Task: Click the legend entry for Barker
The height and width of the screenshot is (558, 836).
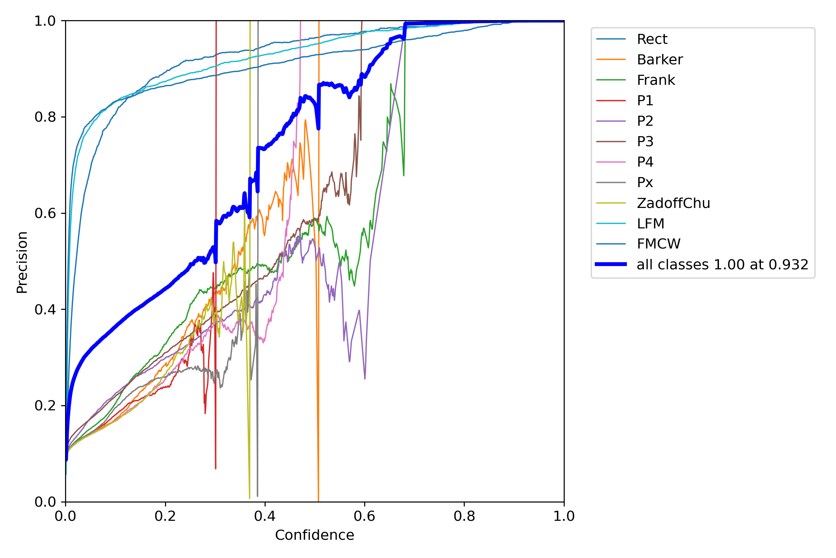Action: coord(660,60)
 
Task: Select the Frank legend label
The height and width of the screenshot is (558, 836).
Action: coord(656,80)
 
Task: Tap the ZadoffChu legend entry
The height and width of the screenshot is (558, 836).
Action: coord(673,203)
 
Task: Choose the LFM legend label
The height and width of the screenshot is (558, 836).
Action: coord(650,224)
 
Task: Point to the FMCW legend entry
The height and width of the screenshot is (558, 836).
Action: coord(658,244)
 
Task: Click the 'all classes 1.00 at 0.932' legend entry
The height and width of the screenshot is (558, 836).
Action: coord(722,264)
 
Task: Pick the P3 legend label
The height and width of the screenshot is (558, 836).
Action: coord(645,141)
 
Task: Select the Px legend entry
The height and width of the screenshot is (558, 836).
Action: coord(645,183)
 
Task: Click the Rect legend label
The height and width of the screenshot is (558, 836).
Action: coord(652,39)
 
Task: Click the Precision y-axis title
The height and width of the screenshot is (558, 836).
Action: coord(22,262)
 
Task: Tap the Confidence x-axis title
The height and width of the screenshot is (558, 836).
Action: coord(314,535)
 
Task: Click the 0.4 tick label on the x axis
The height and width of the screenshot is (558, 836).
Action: coord(265,516)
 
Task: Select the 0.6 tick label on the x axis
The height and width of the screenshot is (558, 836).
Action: coord(364,516)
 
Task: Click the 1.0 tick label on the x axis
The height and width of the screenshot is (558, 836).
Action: coord(564,516)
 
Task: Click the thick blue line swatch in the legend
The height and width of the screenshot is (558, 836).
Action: coord(611,264)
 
